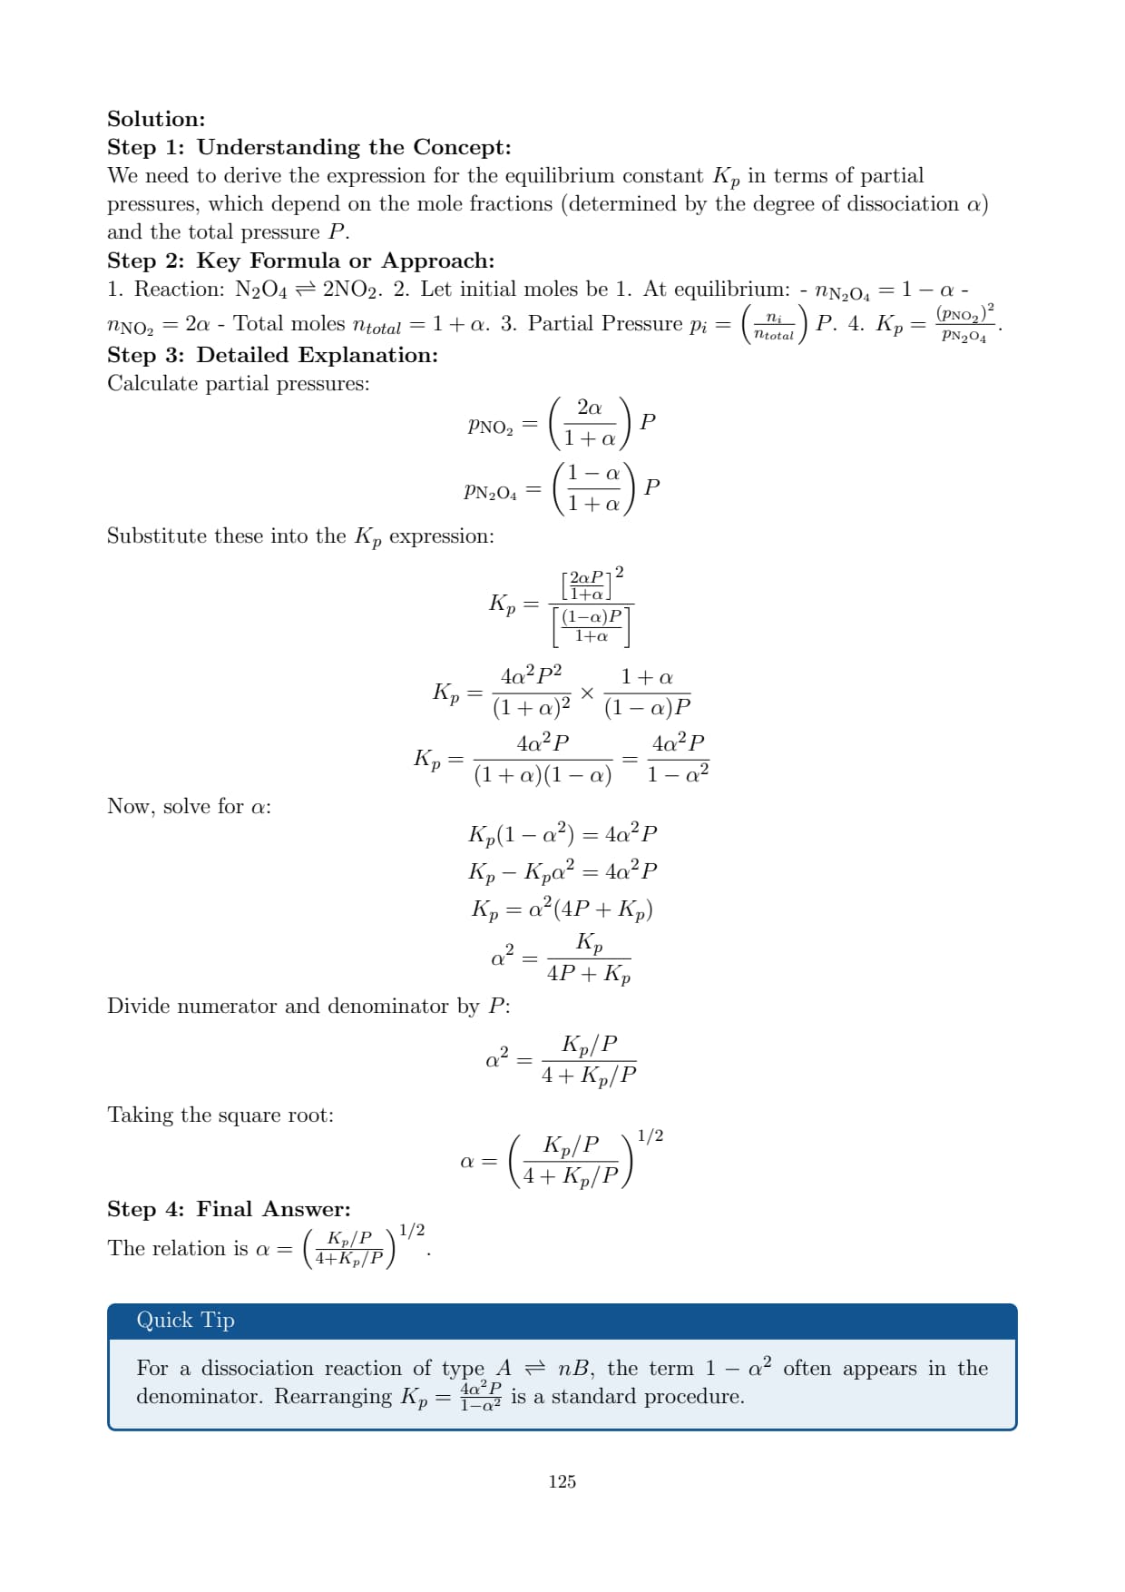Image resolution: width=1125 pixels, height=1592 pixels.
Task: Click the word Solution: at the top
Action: tap(156, 119)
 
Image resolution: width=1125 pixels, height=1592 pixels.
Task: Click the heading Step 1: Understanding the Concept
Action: tap(308, 147)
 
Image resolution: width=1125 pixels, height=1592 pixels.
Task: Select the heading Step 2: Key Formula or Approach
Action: tap(300, 260)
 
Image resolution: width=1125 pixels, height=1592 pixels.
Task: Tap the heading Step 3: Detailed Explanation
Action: tap(272, 355)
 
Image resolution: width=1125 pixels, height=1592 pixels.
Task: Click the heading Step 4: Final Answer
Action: tap(229, 1209)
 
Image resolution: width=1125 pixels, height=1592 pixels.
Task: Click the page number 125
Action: tap(562, 1481)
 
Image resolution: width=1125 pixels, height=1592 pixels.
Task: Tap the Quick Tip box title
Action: tap(185, 1320)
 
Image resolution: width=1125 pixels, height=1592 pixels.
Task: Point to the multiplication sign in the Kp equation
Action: tap(587, 693)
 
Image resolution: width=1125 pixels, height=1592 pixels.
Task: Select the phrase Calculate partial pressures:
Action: tap(238, 383)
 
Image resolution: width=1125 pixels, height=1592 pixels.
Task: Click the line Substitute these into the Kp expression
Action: tap(300, 536)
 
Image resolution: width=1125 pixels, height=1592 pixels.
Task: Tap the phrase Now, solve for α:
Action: tap(189, 806)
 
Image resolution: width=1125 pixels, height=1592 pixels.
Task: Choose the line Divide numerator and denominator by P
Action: tap(308, 1006)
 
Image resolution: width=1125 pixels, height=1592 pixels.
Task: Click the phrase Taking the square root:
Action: tap(220, 1115)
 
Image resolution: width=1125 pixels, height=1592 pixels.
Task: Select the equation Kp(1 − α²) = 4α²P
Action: tap(562, 834)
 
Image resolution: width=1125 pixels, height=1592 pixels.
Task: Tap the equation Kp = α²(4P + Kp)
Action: tap(562, 909)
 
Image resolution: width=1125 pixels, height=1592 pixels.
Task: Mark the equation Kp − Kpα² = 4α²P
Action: tap(562, 871)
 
